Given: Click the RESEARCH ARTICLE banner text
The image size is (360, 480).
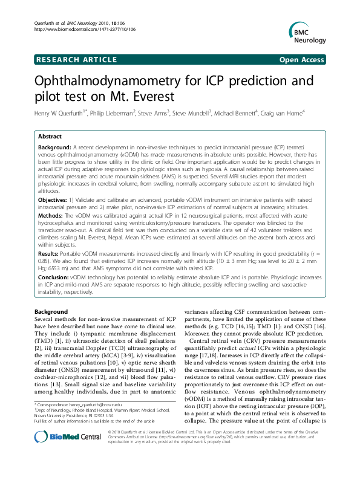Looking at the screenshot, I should (77, 60).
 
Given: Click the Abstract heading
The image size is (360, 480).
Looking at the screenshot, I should (50, 137).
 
